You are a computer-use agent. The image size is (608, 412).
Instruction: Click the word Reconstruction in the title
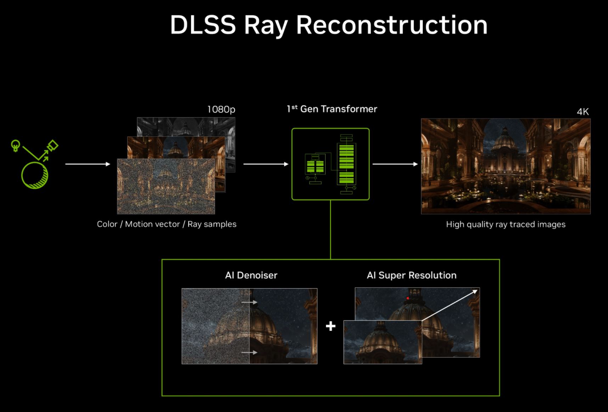(x=392, y=25)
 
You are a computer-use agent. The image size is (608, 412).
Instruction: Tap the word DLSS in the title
(x=203, y=25)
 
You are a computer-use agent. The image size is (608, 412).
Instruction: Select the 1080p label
(x=221, y=109)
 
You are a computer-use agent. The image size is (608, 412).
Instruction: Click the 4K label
(x=583, y=112)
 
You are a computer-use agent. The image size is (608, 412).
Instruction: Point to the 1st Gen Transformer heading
(x=332, y=109)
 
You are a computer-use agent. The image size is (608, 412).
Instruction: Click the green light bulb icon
(x=16, y=145)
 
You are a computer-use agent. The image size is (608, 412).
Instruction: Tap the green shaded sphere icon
(x=35, y=175)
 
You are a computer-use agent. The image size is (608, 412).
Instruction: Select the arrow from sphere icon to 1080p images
(x=88, y=164)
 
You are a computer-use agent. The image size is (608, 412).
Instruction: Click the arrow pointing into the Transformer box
(x=266, y=164)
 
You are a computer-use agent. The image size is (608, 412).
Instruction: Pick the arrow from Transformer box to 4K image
(x=395, y=164)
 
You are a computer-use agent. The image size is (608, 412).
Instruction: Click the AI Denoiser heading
(x=251, y=275)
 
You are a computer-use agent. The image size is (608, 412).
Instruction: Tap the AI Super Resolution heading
(x=412, y=275)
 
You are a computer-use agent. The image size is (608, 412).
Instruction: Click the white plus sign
(x=331, y=326)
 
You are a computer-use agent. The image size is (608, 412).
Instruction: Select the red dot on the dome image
(x=408, y=298)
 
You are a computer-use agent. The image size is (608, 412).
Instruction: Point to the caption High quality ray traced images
(x=506, y=224)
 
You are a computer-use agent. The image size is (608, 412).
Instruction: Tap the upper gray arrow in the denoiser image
(x=249, y=302)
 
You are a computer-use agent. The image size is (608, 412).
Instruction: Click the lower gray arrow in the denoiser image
(x=249, y=352)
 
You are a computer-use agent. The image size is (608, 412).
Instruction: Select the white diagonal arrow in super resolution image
(x=450, y=305)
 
